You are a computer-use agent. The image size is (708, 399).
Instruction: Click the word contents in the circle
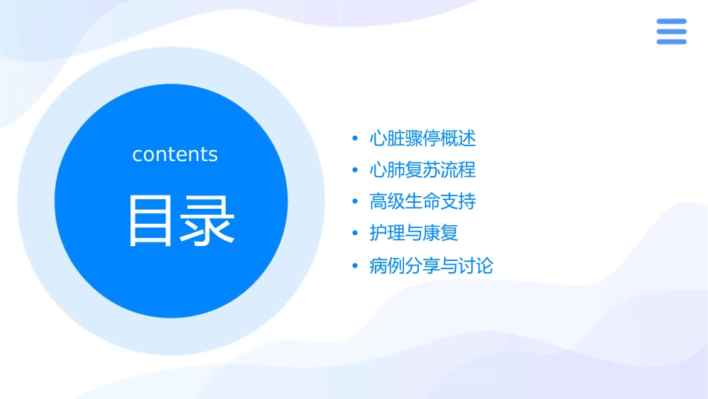pos(175,154)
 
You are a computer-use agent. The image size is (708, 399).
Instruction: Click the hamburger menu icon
pos(671,31)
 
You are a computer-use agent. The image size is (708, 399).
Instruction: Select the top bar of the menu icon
pos(671,22)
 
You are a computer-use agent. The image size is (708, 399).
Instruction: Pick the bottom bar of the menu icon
pos(671,41)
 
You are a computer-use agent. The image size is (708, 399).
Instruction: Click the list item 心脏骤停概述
pos(423,139)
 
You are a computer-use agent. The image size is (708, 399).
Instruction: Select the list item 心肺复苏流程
pos(423,170)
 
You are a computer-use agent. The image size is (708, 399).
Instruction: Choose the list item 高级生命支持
pos(423,202)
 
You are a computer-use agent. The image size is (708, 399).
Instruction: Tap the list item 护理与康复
pos(414,233)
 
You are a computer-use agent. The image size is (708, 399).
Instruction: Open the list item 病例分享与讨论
pos(431,266)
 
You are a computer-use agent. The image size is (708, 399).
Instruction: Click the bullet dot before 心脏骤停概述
pos(355,139)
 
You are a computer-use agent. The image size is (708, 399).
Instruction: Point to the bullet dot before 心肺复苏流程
pos(355,171)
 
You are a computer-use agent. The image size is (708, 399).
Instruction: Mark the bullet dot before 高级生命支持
pos(355,203)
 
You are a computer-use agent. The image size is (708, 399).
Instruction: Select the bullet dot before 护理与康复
pos(355,234)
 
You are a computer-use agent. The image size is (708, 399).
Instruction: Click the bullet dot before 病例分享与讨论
pos(355,266)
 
